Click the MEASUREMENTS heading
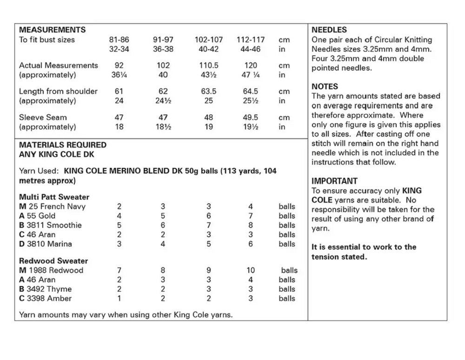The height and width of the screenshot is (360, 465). click(x=52, y=30)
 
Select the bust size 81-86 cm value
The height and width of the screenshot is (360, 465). click(x=119, y=40)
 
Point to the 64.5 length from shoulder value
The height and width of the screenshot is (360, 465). click(x=250, y=92)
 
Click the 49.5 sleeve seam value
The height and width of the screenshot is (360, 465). click(x=250, y=118)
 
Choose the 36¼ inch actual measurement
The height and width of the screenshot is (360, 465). click(x=119, y=75)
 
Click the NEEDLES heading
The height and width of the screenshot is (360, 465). click(x=329, y=30)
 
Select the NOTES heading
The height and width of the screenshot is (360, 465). click(x=325, y=87)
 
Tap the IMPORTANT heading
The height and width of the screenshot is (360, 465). click(x=334, y=181)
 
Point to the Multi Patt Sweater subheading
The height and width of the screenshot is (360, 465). click(x=54, y=197)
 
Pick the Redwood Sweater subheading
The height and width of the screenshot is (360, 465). click(x=53, y=261)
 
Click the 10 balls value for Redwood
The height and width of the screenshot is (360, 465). click(x=250, y=270)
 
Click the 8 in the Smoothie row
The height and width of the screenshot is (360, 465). click(x=250, y=225)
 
